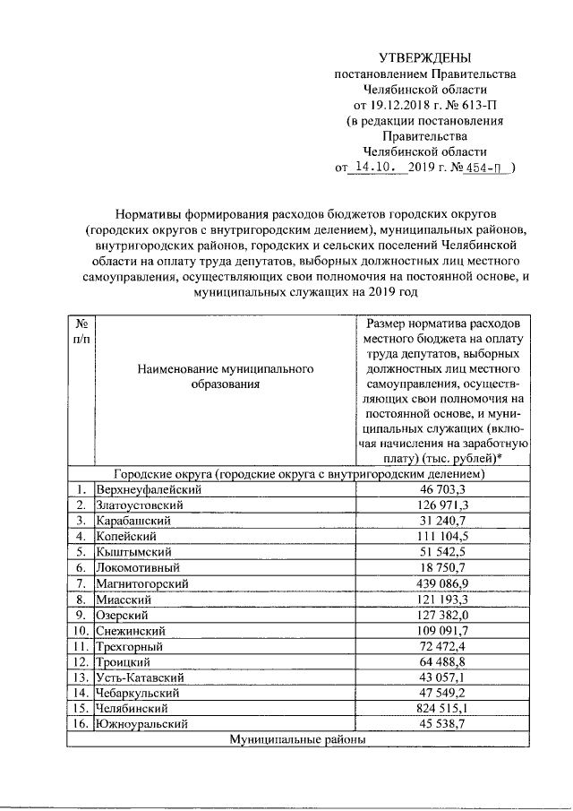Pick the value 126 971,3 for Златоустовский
click(x=445, y=505)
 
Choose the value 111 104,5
click(x=445, y=536)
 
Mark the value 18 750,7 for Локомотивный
click(x=445, y=567)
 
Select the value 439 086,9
click(x=445, y=582)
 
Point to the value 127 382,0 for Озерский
click(x=445, y=614)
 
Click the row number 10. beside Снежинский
click(x=81, y=629)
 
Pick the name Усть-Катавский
click(x=140, y=677)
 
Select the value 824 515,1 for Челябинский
click(x=445, y=707)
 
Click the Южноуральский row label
click(x=142, y=723)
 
